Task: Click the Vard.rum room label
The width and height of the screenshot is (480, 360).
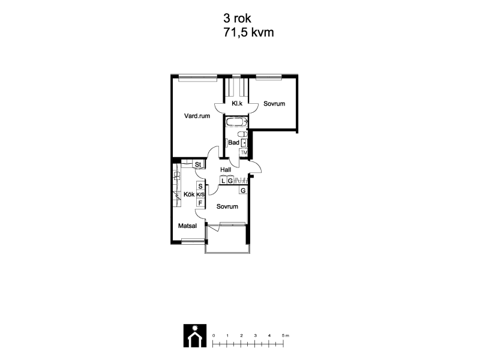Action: (x=197, y=116)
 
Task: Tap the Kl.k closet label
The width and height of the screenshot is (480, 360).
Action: (x=237, y=103)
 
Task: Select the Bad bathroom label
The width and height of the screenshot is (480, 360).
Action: (x=233, y=142)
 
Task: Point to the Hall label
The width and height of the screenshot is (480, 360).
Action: (x=226, y=170)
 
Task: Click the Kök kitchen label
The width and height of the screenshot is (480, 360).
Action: (x=189, y=194)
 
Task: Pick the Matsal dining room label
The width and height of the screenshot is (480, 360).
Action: (x=187, y=226)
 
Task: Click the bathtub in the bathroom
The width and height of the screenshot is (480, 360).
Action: (x=236, y=122)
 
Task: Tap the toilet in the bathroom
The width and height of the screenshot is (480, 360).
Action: (x=243, y=134)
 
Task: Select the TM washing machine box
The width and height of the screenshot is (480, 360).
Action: (x=244, y=152)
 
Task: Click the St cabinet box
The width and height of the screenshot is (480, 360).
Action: (x=198, y=164)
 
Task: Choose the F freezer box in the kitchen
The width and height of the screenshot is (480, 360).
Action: (x=200, y=203)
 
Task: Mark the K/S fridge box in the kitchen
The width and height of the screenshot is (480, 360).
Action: (x=200, y=194)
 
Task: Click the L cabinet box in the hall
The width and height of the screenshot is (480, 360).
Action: (x=223, y=181)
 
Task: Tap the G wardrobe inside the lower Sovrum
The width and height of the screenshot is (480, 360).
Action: (x=243, y=190)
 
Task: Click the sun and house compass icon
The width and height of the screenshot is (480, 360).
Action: (x=195, y=336)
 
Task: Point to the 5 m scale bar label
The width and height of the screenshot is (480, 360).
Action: (x=286, y=335)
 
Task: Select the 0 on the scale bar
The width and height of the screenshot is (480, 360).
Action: (x=214, y=335)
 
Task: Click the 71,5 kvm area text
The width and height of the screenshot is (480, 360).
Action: (x=248, y=32)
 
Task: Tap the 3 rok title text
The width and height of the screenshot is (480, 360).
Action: (x=237, y=19)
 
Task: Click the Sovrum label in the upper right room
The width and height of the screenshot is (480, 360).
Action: (x=274, y=104)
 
